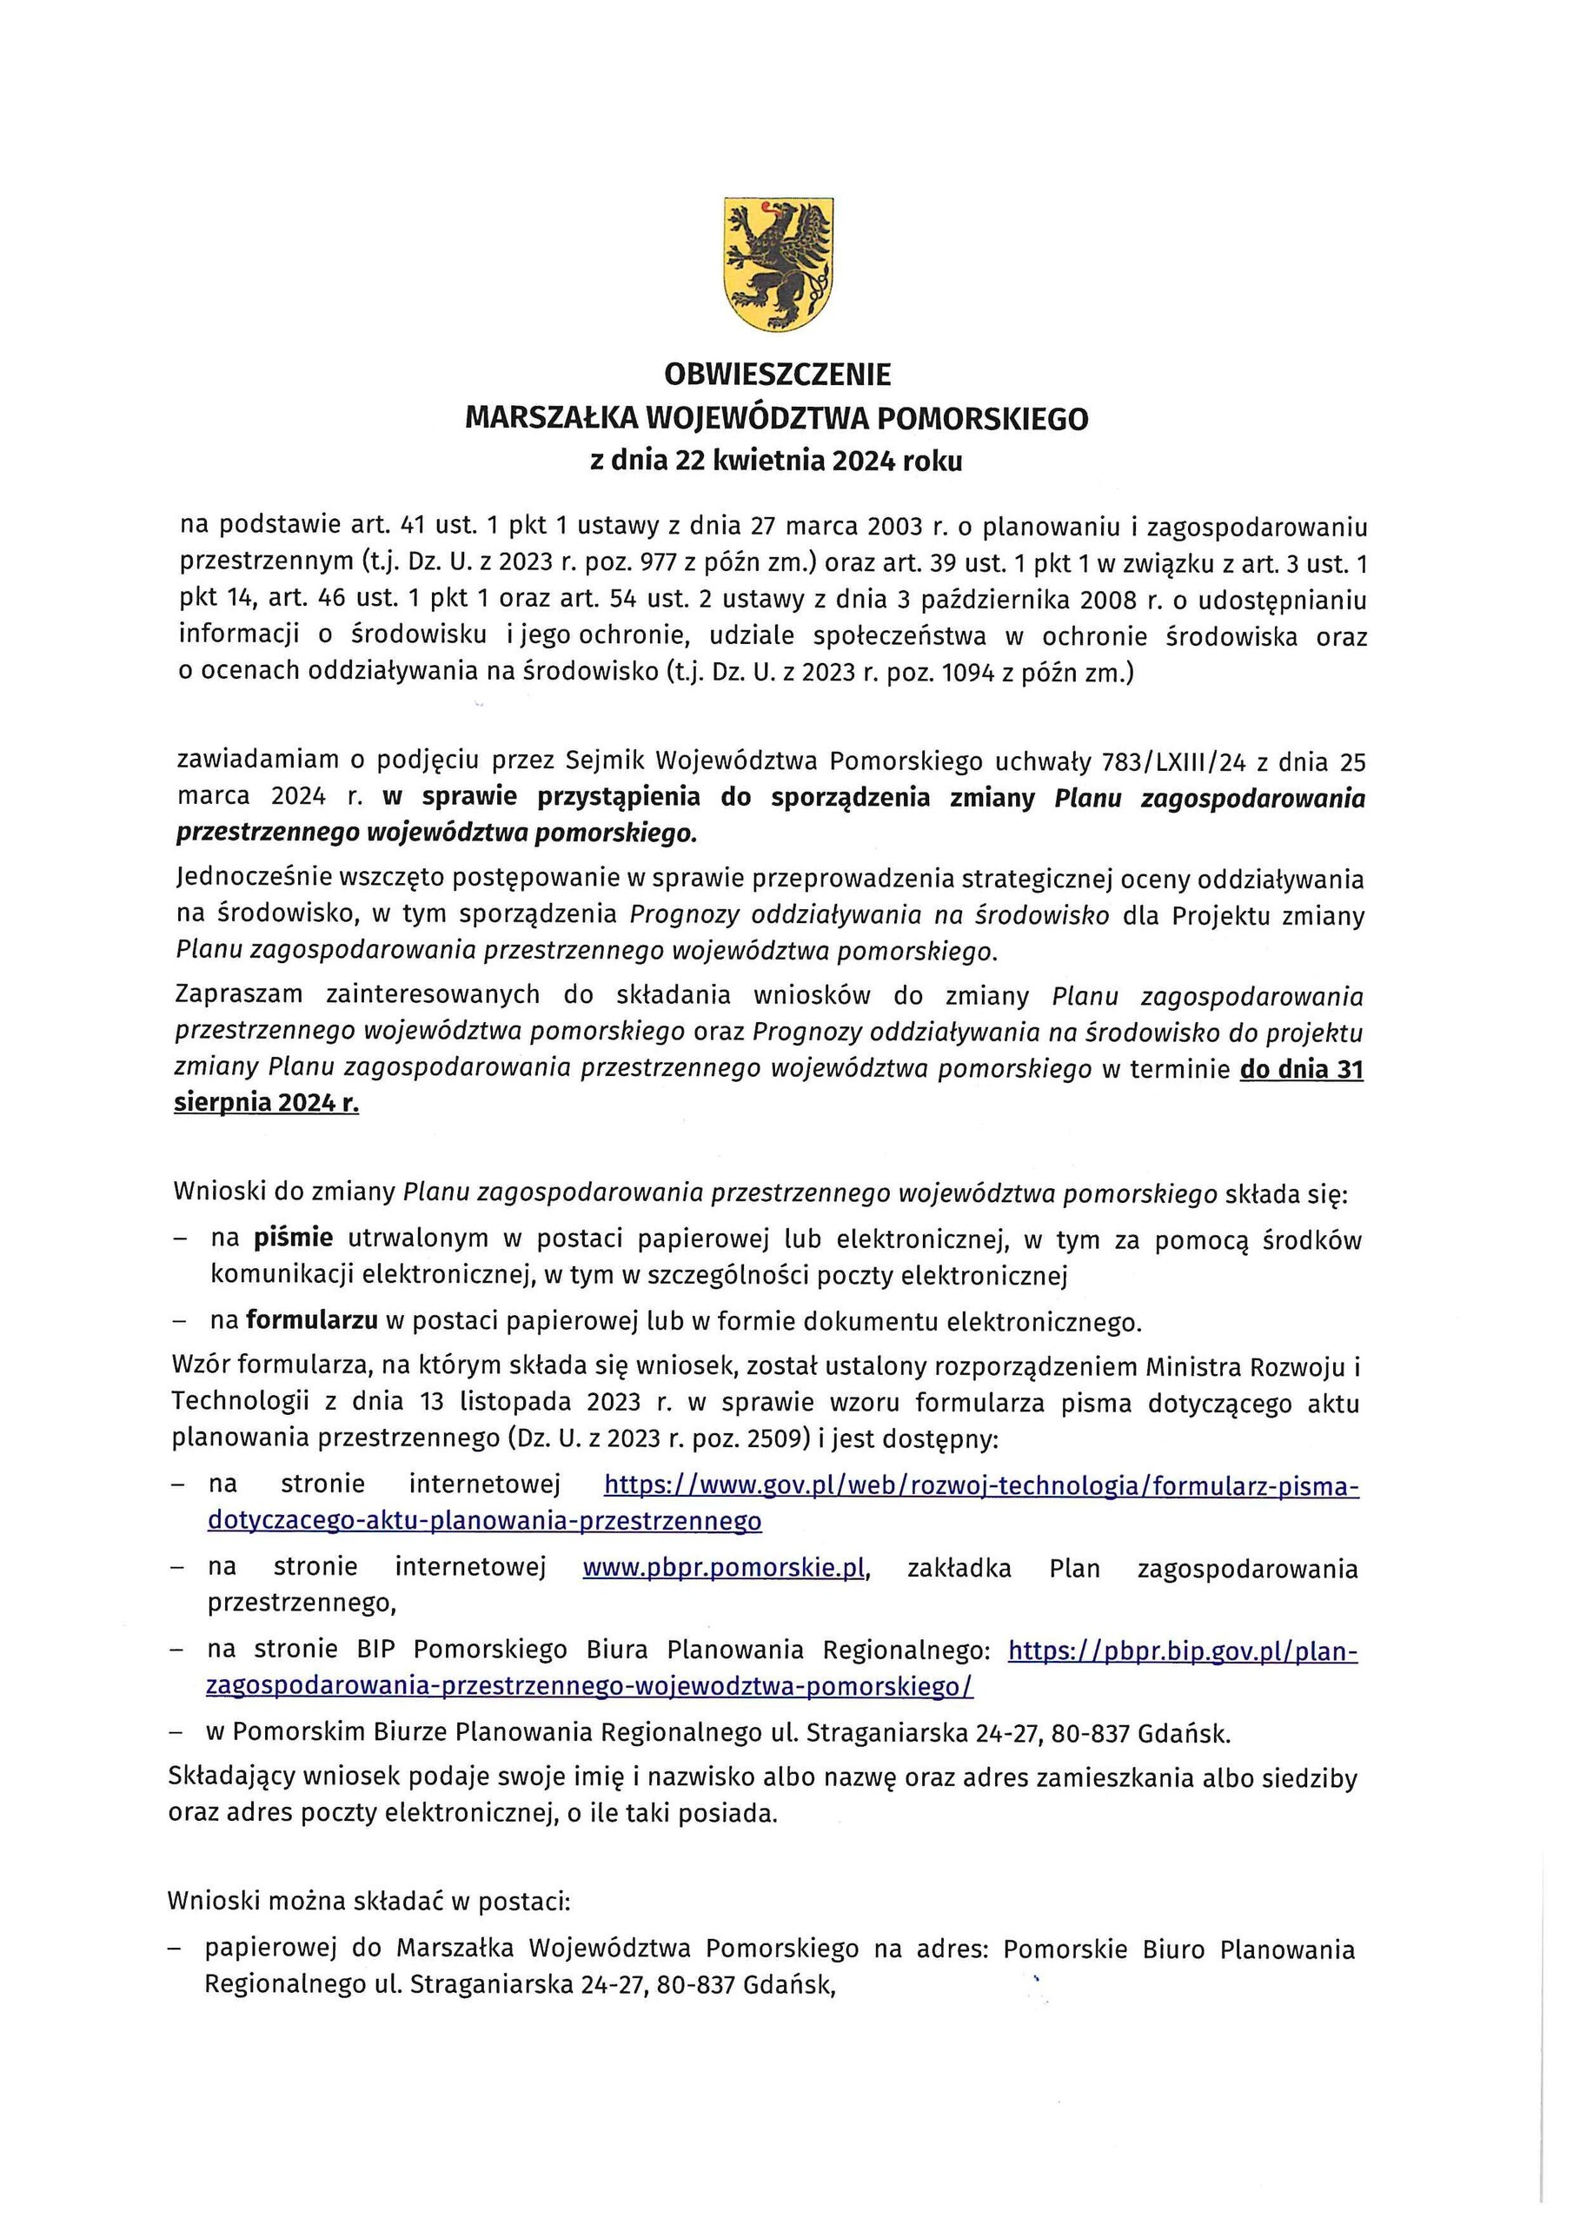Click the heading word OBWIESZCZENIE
[776, 374]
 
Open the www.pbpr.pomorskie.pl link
[722, 1568]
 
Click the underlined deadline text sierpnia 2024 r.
[267, 1104]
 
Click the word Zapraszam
[238, 995]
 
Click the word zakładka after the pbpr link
[959, 1568]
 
